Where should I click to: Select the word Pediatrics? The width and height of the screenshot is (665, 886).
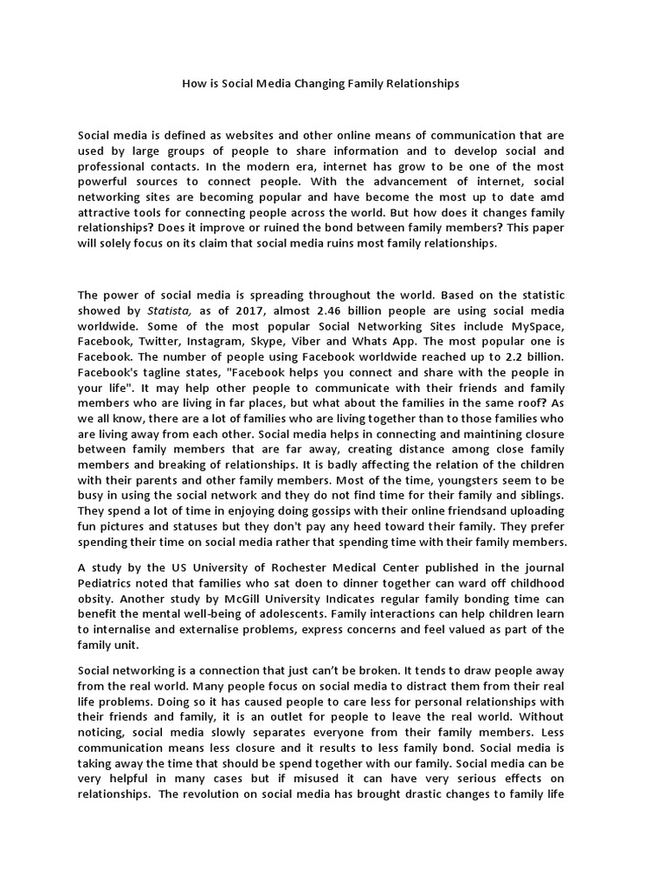click(108, 583)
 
